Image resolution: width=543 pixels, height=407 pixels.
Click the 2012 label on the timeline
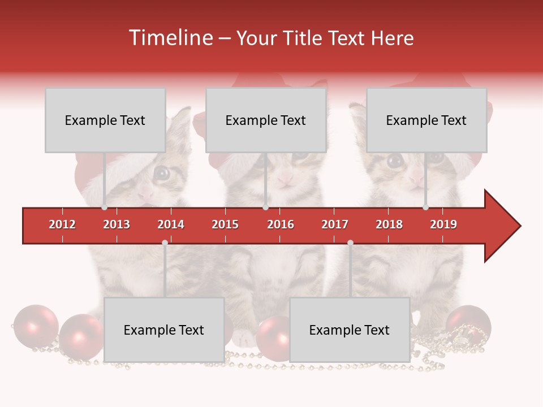point(62,224)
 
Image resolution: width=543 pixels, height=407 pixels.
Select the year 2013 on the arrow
point(117,224)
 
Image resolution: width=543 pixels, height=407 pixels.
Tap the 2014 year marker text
point(171,224)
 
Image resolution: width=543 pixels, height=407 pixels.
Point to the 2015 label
point(225,224)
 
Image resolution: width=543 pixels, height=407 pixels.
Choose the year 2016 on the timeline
point(281,224)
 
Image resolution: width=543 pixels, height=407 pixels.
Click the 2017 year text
point(335,224)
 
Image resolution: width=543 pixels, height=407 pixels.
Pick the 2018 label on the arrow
point(389,224)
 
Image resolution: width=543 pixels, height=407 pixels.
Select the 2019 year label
point(443,224)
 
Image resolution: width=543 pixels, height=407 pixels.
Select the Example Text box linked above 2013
point(105,120)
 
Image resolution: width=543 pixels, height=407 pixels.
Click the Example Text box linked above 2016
point(266,120)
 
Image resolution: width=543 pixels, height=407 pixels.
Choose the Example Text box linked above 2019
point(426,120)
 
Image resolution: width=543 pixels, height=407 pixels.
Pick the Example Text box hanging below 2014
point(164,330)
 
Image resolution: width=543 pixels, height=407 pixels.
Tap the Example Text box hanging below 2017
point(350,330)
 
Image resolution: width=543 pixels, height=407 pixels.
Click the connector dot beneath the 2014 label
point(165,243)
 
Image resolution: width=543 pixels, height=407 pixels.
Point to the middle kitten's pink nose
point(286,180)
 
